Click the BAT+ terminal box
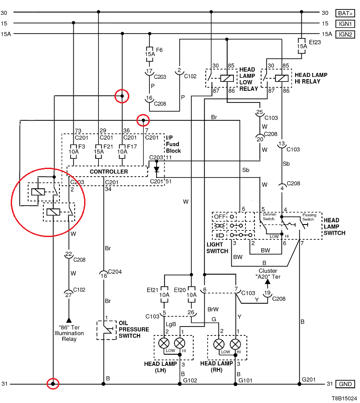pos(345,13)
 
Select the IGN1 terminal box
pos(345,23)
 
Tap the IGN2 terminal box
pos(345,34)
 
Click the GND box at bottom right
pos(345,384)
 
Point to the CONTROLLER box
pos(109,172)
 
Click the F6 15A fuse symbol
pos(150,54)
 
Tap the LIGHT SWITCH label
pos(217,248)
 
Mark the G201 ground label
pos(309,380)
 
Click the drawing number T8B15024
pos(344,398)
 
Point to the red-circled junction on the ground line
pos(53,384)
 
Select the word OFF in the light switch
pos(219,216)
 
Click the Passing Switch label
pos(309,217)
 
